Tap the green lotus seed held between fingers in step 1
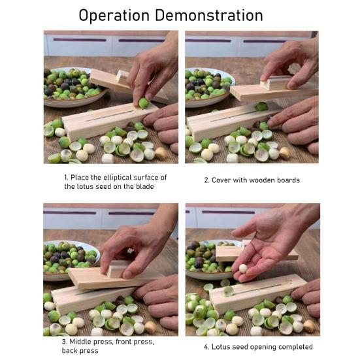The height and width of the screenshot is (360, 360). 143,103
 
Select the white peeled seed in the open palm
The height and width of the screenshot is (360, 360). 242,268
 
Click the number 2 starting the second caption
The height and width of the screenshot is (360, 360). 206,180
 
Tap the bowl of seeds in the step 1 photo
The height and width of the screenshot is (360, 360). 72,86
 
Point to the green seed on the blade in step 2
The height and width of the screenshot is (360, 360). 261,106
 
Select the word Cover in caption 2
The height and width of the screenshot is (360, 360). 224,180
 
